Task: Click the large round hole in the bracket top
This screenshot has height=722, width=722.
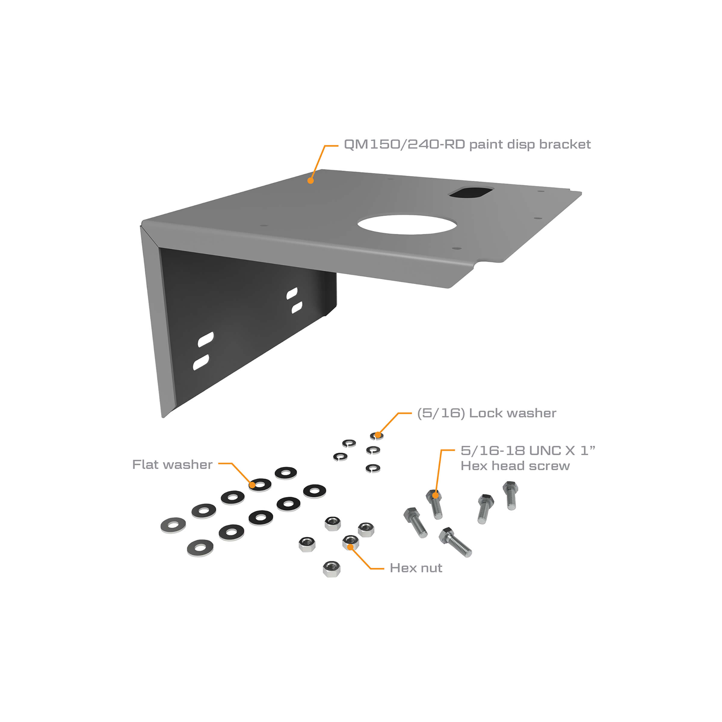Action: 407,224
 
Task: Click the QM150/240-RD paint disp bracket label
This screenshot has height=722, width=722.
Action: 467,144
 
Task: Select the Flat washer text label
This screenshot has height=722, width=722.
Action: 172,464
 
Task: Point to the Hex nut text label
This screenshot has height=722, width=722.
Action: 415,568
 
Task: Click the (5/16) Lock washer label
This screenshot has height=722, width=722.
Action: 486,413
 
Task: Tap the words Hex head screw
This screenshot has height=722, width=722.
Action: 515,466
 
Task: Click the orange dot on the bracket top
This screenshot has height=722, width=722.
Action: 310,181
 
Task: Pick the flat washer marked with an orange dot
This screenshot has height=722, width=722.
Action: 260,485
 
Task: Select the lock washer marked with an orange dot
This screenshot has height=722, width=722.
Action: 377,436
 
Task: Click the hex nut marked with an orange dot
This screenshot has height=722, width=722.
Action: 350,542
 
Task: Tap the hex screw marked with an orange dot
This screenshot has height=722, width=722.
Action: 435,504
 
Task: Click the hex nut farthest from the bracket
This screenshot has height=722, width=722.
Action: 331,569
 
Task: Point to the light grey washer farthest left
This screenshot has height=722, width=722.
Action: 173,526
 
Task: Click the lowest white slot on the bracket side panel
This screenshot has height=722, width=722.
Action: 201,363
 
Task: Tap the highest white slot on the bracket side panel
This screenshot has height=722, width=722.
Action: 292,293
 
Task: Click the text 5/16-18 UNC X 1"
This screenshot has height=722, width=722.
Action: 528,451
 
